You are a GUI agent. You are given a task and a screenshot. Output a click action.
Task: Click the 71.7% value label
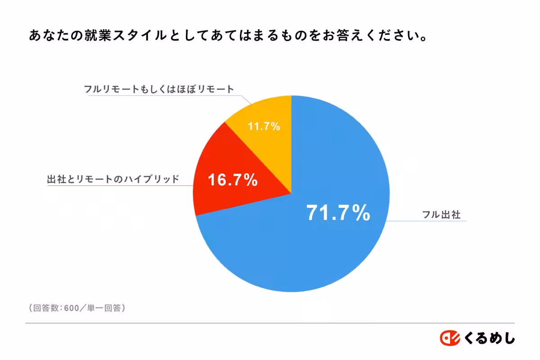[338, 213]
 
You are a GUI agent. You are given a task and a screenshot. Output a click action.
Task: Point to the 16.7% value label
[232, 180]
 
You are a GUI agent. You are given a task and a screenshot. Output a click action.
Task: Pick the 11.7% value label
[264, 126]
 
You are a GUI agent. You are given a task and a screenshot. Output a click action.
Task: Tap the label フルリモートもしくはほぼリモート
[159, 89]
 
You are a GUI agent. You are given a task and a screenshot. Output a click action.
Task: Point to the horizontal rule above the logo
[270, 323]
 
